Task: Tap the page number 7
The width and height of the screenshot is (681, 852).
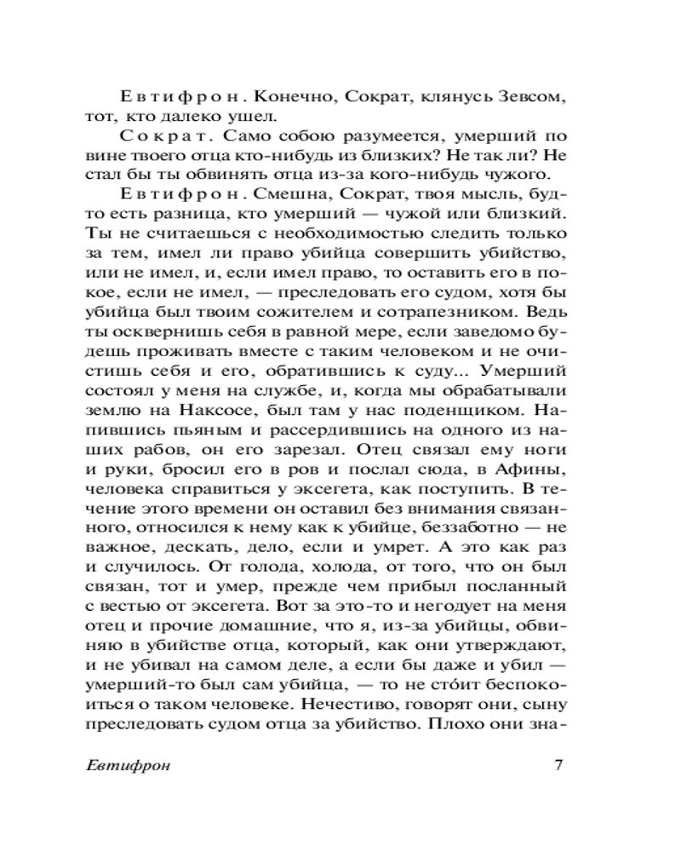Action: coord(558,763)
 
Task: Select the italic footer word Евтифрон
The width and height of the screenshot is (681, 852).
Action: coord(129,764)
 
